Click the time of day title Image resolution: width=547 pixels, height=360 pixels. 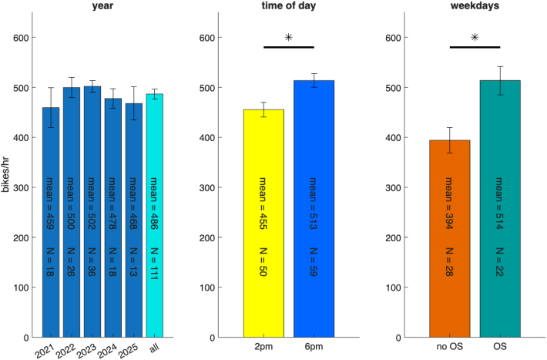click(289, 7)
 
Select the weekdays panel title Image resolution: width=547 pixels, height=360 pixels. click(475, 7)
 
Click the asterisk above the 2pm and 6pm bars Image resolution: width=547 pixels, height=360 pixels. click(289, 37)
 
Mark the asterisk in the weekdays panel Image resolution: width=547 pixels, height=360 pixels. click(475, 37)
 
